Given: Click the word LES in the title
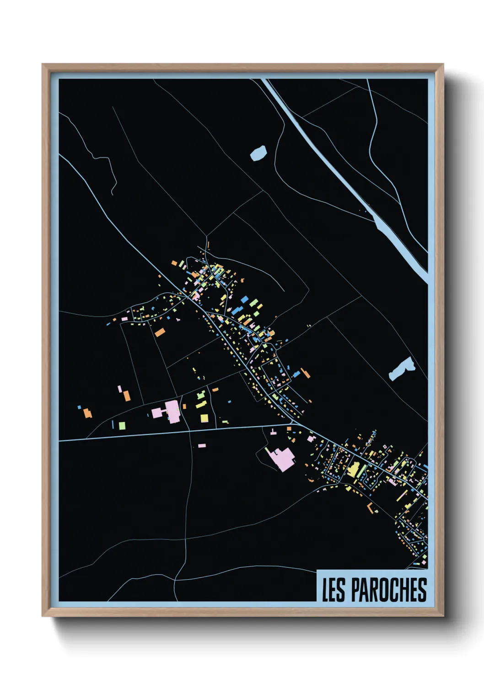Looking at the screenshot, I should point(333,590).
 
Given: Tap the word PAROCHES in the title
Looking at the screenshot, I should point(389,590).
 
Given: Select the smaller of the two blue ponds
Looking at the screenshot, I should point(258,153).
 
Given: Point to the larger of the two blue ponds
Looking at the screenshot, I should point(402,369).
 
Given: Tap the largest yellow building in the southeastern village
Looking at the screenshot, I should point(353,470).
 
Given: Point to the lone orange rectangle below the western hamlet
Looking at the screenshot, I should point(159,332).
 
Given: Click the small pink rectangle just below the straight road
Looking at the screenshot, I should point(202,445).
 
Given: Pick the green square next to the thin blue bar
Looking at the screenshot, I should point(122,426).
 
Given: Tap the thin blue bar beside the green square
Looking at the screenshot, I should point(113,424).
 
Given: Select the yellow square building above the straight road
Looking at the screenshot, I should point(204,418).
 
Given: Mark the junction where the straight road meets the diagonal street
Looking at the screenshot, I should point(296,424).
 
